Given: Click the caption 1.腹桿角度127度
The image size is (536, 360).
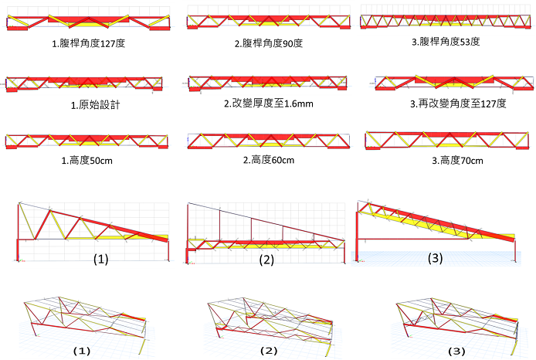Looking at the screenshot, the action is coord(89,43).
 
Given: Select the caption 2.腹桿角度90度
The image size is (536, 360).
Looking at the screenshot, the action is coord(269,43).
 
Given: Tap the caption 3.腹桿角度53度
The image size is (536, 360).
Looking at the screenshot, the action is coord(446,42).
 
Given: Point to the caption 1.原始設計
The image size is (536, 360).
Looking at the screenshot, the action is coord(95,104).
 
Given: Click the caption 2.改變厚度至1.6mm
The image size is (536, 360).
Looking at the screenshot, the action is coord(269,104).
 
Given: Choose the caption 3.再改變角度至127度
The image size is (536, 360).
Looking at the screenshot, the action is coord(458,104).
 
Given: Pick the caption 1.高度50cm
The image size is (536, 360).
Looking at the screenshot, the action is coord(87,161).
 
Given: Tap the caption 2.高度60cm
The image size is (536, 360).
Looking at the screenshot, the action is coord(269,160).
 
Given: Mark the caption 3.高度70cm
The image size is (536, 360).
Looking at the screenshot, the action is coord(457,161).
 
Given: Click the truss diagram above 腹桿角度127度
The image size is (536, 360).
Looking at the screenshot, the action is coord(89,21).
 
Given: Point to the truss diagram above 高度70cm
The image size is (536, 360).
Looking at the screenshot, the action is coord(449,140).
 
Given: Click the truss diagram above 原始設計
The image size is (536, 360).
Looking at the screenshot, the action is coord(84,84).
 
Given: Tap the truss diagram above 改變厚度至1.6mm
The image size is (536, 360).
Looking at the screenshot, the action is coord(268,83).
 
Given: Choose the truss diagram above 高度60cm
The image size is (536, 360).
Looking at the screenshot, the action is coord(269,141).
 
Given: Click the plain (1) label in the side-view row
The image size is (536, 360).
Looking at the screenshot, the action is coord(101,259).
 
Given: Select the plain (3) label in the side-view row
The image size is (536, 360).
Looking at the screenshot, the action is coord(435,258).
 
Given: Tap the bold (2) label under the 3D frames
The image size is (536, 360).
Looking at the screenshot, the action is coord(269,351).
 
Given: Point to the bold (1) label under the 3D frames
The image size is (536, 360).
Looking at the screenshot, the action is coord(82,351).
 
